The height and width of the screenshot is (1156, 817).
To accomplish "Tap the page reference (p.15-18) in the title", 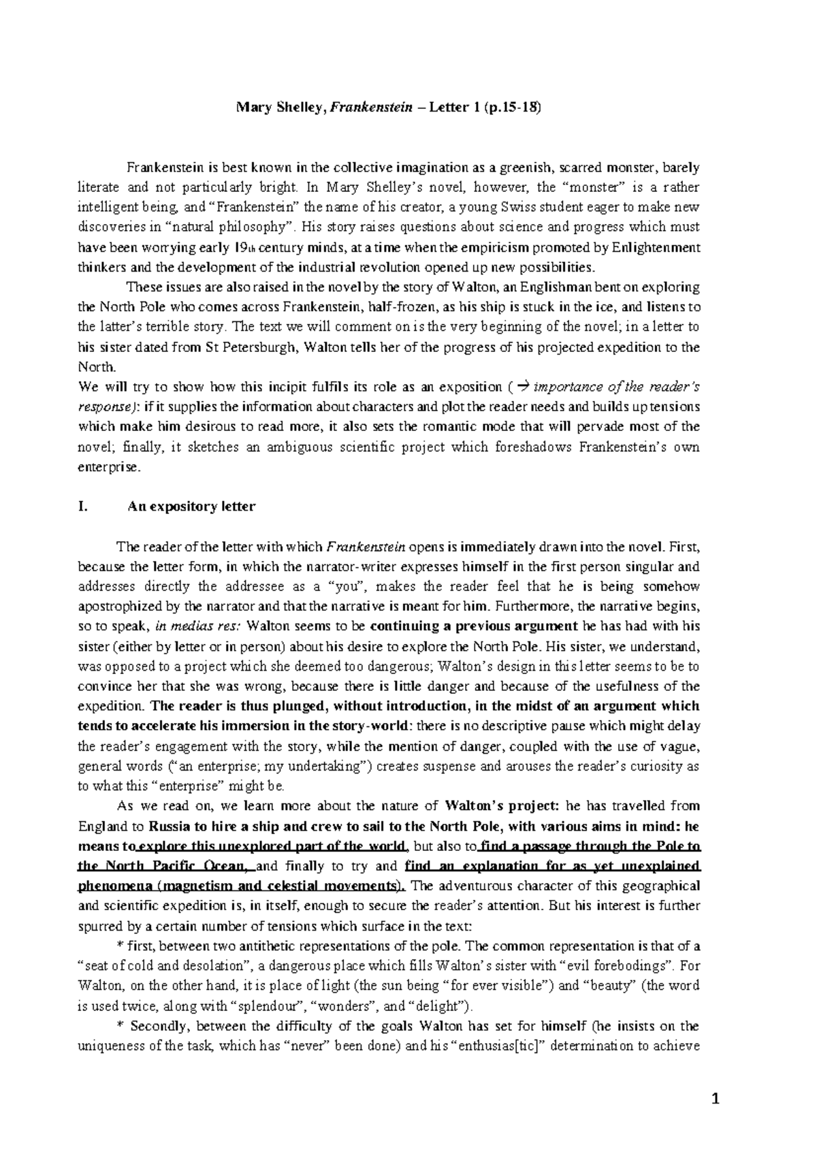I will [511, 108].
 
